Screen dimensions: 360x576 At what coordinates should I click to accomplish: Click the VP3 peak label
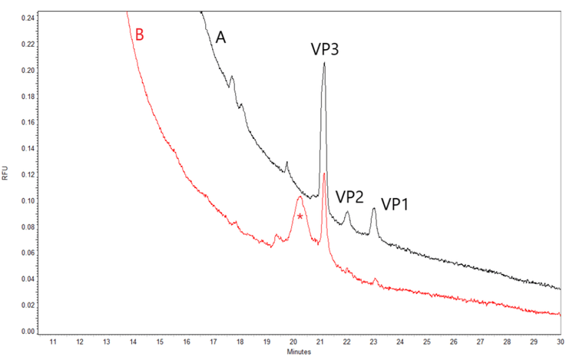point(325,50)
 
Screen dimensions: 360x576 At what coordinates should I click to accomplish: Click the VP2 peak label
point(349,197)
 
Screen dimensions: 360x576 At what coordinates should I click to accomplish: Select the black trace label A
point(220,37)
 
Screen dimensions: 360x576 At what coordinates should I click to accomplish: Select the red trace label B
point(139,35)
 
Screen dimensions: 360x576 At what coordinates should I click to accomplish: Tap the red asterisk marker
point(300,218)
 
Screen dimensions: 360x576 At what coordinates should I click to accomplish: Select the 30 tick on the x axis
point(561,342)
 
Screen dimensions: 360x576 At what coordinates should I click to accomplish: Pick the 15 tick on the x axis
point(160,342)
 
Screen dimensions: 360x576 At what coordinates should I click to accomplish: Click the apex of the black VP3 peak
point(324,63)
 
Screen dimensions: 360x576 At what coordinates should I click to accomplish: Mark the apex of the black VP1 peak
point(374,208)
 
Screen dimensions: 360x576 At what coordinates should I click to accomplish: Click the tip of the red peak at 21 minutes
point(324,173)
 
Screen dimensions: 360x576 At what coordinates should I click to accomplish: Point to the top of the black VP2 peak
point(347,213)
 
